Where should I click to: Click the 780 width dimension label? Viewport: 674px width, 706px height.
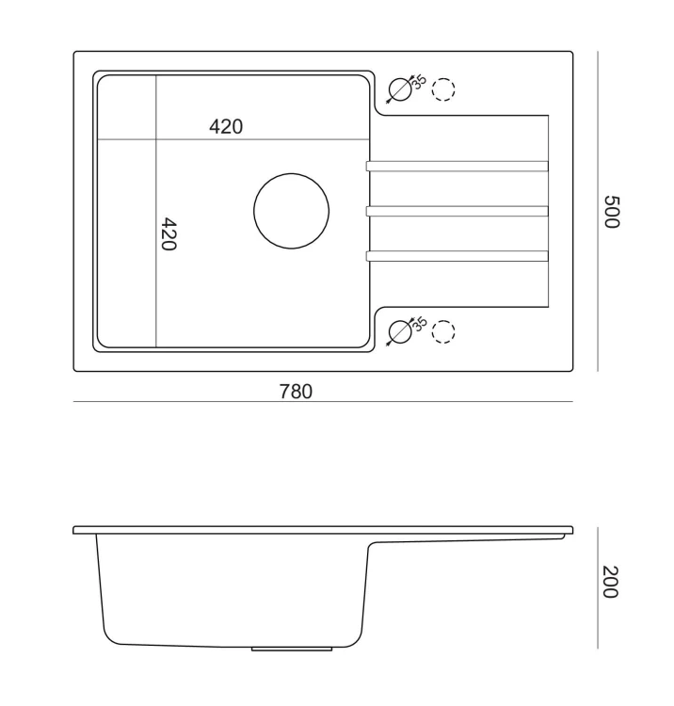tap(296, 392)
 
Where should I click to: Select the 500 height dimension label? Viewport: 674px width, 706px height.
tap(612, 212)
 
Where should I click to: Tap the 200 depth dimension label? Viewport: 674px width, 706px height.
tap(611, 582)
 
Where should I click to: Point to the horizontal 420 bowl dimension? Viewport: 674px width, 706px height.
tap(226, 126)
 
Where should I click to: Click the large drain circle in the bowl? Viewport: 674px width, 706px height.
tap(291, 174)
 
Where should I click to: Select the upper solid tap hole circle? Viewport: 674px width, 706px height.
tap(400, 78)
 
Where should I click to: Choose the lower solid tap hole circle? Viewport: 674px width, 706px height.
tap(400, 321)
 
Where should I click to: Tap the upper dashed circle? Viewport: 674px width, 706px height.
tap(443, 78)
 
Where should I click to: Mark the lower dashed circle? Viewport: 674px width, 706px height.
tap(443, 321)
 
